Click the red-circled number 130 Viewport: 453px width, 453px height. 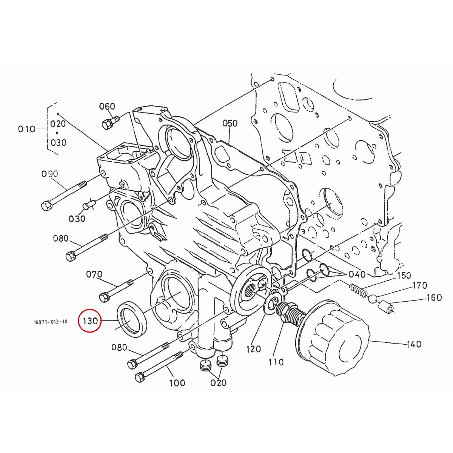tap(91, 321)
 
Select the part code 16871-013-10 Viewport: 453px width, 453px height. tap(50, 322)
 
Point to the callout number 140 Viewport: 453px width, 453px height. tap(414, 344)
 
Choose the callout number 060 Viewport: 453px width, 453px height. tap(107, 106)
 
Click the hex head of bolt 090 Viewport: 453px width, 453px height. tap(46, 206)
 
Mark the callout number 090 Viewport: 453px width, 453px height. tap(50, 174)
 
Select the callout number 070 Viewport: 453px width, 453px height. tap(94, 274)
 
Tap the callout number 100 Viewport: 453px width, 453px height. tap(177, 383)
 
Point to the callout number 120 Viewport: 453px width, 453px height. tap(253, 349)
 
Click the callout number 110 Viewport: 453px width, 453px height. tap(276, 362)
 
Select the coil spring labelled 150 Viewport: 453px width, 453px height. tap(357, 290)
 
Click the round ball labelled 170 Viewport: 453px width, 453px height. tap(373, 299)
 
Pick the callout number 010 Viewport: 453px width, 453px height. tap(26, 129)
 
